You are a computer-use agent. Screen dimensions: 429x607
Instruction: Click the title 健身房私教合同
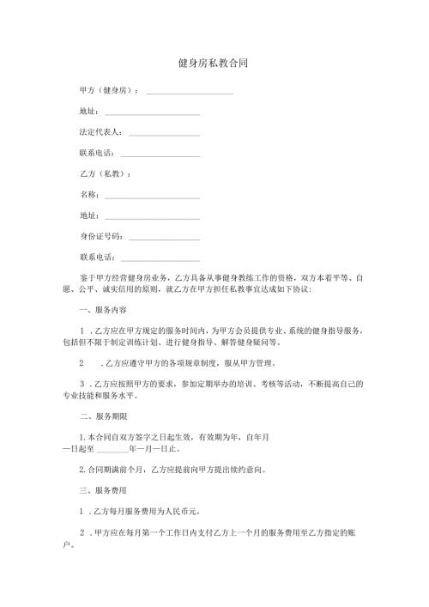click(x=214, y=64)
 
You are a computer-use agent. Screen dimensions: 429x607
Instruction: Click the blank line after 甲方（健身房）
click(x=190, y=92)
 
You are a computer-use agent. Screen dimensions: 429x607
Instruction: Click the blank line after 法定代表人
click(x=164, y=135)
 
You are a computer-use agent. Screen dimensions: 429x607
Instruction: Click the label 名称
click(x=88, y=195)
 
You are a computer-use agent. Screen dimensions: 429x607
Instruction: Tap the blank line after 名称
click(x=152, y=197)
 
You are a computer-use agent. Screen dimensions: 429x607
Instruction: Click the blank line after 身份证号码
click(x=164, y=238)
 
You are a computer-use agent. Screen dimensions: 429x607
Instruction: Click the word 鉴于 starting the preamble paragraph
click(x=86, y=278)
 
